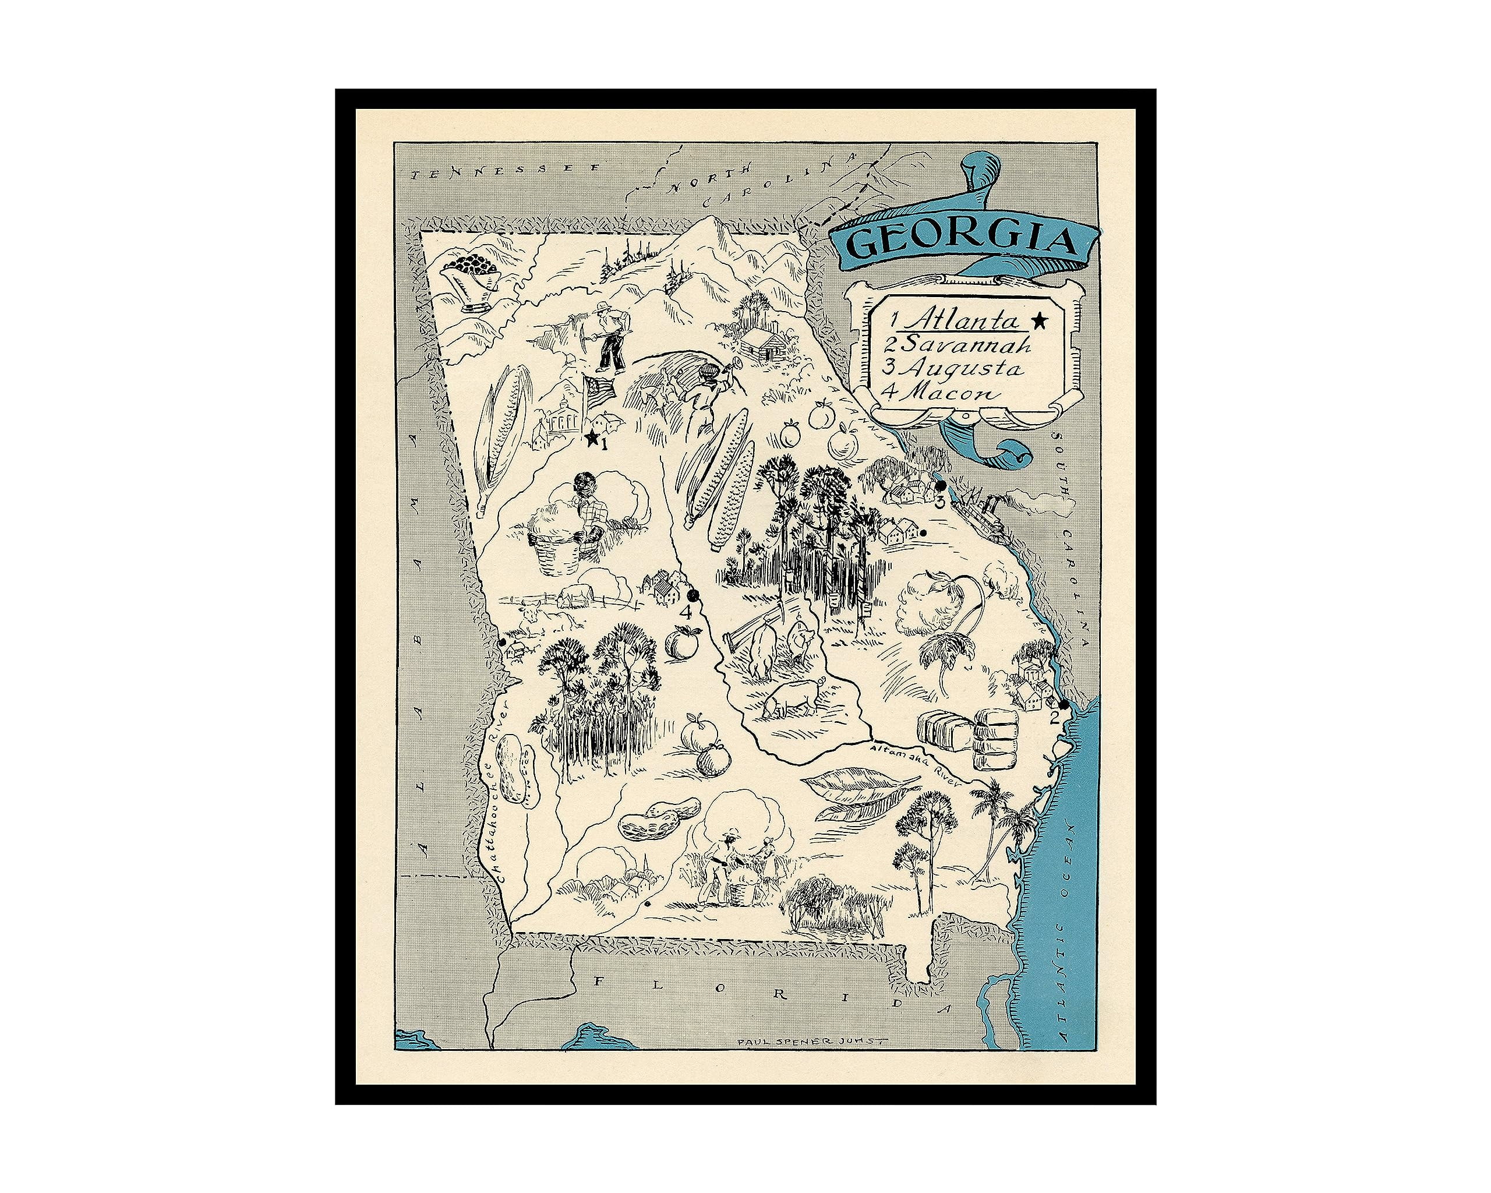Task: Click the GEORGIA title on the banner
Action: click(961, 240)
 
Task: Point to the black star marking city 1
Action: click(592, 438)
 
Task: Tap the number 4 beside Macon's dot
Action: click(686, 612)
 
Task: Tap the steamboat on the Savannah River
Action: click(982, 512)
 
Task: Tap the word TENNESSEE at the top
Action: click(505, 172)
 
